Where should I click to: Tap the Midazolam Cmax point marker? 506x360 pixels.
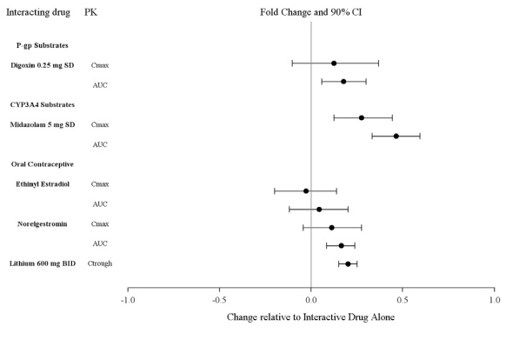(362, 117)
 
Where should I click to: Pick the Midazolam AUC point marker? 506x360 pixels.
(396, 136)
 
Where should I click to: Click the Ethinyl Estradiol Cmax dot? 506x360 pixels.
(306, 190)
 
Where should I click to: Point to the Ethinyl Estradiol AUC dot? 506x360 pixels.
(319, 209)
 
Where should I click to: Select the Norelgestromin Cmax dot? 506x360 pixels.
(332, 227)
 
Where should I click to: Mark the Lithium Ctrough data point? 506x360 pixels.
(348, 263)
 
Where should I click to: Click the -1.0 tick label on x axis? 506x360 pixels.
(127, 301)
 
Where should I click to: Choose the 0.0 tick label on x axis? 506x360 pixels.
(311, 301)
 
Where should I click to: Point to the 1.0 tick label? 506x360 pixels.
(494, 301)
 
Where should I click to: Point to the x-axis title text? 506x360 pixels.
(310, 317)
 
